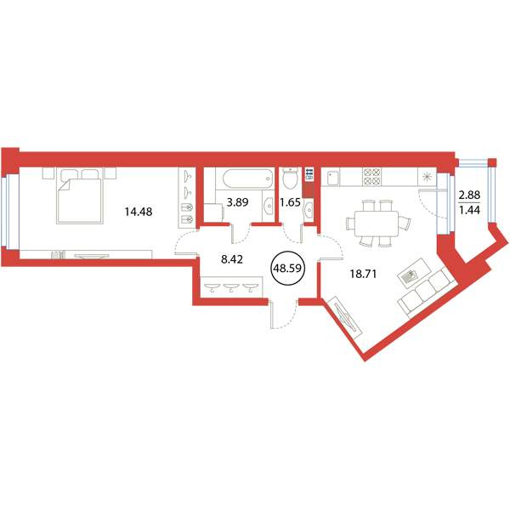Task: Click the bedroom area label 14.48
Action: click(139, 212)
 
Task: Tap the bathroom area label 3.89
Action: click(237, 202)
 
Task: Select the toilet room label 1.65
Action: click(290, 202)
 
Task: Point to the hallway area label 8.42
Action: click(231, 259)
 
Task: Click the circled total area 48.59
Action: click(287, 268)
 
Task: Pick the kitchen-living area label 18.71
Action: click(363, 274)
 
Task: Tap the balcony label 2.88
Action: click(469, 195)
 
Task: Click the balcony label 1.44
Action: click(469, 210)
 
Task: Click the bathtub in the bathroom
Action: click(248, 178)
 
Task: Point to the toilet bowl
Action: click(290, 178)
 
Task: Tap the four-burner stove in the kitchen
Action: click(371, 177)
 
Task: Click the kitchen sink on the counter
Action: click(331, 178)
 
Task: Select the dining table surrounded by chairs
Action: click(377, 224)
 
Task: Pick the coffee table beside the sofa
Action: click(412, 273)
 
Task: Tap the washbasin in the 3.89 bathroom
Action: click(269, 206)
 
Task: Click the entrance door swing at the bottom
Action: click(284, 314)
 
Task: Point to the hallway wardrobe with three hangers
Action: click(231, 287)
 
